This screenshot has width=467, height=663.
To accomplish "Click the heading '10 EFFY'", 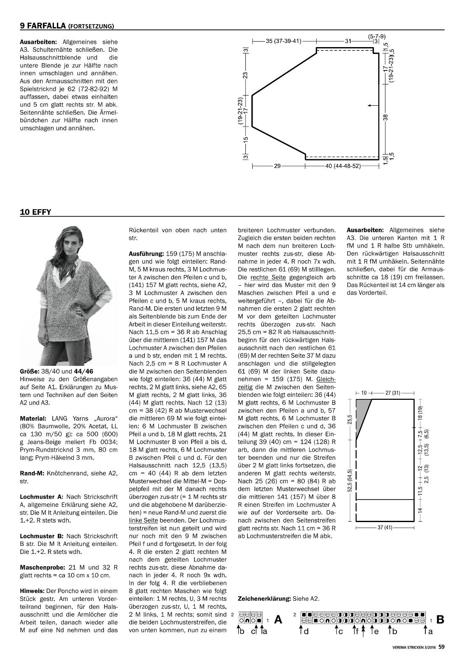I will (x=35, y=212).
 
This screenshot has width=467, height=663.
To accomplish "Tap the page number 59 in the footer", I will (x=442, y=647).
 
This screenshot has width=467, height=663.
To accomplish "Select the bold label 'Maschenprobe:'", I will (x=40, y=567).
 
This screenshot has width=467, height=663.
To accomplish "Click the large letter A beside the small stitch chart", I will (x=279, y=619).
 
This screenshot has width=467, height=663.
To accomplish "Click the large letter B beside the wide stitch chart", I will (x=440, y=619).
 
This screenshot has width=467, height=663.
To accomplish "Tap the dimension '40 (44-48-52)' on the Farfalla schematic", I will (x=343, y=166).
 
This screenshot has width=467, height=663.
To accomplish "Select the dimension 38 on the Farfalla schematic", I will (x=385, y=118).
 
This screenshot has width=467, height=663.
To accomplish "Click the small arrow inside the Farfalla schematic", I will (x=372, y=104).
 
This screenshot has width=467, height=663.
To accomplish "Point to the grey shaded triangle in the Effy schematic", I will (x=362, y=414).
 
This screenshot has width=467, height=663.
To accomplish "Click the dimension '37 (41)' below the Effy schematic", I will (x=384, y=528).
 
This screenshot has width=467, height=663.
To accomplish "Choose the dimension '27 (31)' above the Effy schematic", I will (x=393, y=393).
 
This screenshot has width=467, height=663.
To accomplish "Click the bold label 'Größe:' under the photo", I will (x=29, y=371).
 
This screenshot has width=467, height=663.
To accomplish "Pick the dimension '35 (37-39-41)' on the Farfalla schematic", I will (x=284, y=41).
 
